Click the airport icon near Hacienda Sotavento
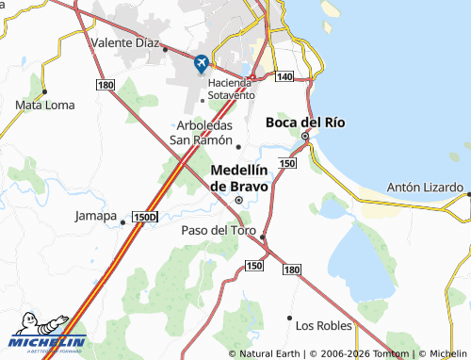point(201,64)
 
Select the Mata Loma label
point(44,106)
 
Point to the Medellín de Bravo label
point(239,178)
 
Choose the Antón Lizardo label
point(426,187)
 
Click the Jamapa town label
point(94,216)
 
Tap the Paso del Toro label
point(219,229)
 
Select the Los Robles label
point(323,325)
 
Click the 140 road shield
point(285,75)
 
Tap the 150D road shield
point(144,217)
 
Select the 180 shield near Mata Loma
point(106,85)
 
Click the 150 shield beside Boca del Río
point(287,163)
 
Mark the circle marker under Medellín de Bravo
point(239,200)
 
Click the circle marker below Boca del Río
point(305,137)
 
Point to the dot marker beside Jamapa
point(123,223)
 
